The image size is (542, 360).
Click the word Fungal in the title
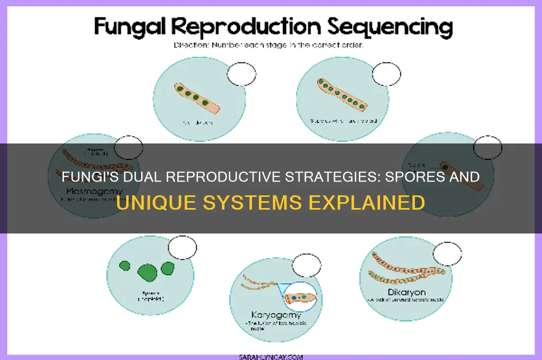pos(133,26)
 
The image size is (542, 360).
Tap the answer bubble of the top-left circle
pos(241,74)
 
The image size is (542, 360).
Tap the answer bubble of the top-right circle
pos(386,74)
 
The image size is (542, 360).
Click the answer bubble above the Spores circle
pos(182,248)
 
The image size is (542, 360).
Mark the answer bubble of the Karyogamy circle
pos(306,265)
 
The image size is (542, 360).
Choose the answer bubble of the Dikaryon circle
pos(447,254)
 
